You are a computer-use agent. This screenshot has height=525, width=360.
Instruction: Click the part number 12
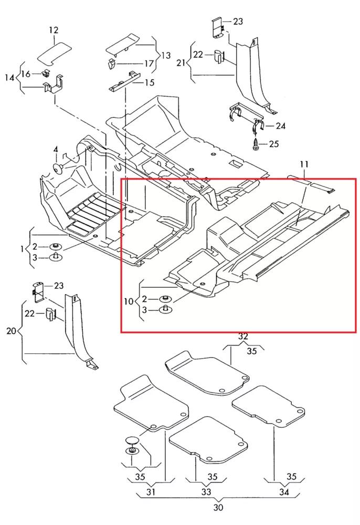pos(54,31)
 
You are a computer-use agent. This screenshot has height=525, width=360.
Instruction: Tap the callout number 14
pos(9,78)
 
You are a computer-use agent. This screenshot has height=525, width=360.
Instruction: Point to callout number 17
pos(149,64)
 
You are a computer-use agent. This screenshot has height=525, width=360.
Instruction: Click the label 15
pos(150,82)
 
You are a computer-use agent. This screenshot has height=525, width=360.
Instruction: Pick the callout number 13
pos(166,55)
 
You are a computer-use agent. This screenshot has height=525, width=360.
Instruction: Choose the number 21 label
pos(181,63)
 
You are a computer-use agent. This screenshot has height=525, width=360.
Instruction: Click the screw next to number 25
pos(256,143)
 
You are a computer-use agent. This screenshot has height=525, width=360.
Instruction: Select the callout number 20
pos(10,331)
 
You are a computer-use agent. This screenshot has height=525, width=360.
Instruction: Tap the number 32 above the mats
pos(243,336)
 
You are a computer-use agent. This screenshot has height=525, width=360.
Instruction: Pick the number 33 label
pos(206,492)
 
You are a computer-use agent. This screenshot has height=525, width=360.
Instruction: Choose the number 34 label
pos(284,492)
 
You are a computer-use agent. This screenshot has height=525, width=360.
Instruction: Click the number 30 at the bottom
pos(218,507)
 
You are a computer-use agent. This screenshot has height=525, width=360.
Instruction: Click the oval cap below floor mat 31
pos(131,440)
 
